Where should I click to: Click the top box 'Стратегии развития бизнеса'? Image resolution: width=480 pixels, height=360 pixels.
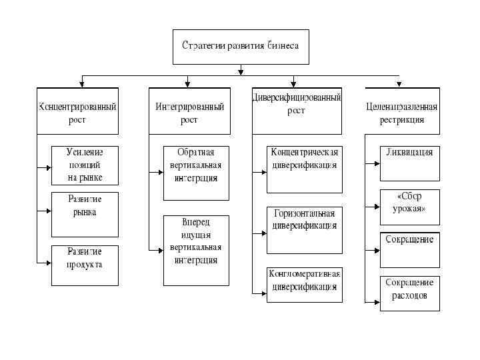(241, 47)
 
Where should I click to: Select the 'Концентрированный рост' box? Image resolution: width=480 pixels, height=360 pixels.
(78, 111)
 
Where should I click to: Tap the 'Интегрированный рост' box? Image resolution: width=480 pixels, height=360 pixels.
(189, 111)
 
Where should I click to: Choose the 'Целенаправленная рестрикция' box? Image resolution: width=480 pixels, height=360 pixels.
(402, 111)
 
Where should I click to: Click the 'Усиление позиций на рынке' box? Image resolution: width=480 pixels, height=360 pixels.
(85, 165)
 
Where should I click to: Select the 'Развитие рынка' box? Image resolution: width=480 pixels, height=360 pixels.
(85, 214)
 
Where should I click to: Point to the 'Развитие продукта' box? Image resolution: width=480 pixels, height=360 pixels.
(85, 265)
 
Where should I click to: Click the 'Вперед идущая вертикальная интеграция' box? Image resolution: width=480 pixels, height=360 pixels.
(196, 249)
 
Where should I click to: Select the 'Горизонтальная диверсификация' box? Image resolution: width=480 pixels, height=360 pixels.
(304, 230)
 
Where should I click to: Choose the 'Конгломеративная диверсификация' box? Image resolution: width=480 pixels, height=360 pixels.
(304, 285)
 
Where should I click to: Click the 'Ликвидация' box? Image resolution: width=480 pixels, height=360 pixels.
(409, 163)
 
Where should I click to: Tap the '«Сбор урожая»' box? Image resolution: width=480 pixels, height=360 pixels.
(409, 207)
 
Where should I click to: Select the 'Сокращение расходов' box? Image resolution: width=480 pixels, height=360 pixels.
(409, 293)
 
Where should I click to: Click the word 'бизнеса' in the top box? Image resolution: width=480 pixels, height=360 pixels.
(283, 47)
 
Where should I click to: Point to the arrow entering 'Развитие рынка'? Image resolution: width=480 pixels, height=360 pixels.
(47, 211)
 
